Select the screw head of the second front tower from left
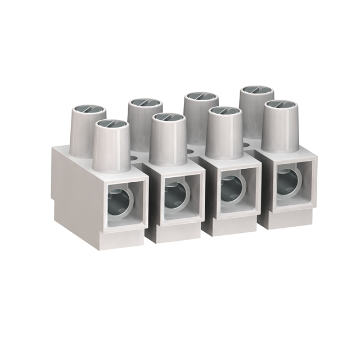pos(168,118)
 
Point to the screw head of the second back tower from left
pos(145,103)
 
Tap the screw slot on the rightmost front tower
pos(280,105)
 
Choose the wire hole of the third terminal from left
pos(231,188)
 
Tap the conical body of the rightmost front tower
pos(280,129)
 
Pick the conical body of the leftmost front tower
pos(110,147)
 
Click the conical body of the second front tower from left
pos(168,143)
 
